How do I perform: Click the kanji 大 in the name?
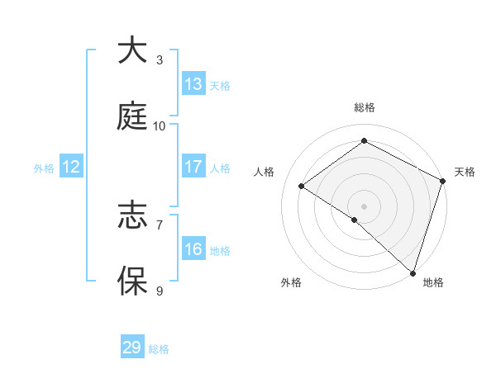[x=132, y=51]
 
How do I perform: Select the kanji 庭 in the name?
[x=132, y=117]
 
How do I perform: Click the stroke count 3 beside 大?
[x=159, y=59]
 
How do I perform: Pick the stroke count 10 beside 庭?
[x=160, y=125]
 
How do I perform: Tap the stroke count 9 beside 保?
[x=159, y=291]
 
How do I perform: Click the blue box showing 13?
[x=193, y=84]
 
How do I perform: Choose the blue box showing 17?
[x=193, y=167]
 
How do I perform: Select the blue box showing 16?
[x=193, y=249]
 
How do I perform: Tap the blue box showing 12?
[x=71, y=167]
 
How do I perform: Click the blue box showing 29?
[x=132, y=348]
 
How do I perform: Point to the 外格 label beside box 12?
[x=44, y=168]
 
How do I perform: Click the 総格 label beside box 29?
[x=159, y=349]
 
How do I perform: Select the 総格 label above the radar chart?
[x=365, y=107]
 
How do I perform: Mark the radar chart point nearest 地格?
[x=413, y=272]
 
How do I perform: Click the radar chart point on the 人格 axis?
[x=302, y=186]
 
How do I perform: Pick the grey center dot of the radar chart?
[x=365, y=206]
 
